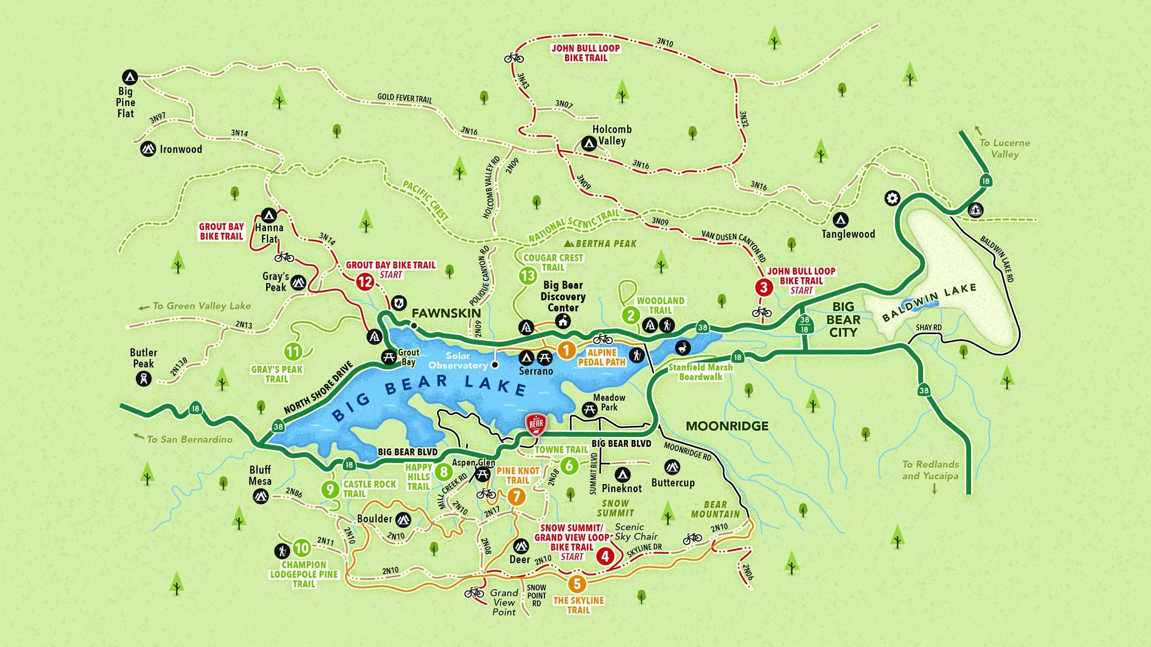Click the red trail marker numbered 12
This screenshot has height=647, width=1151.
[365, 281]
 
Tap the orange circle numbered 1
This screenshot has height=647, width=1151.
[566, 350]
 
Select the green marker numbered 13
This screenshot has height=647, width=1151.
[528, 276]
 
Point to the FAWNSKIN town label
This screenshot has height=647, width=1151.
[446, 313]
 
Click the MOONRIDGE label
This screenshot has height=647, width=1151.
[727, 426]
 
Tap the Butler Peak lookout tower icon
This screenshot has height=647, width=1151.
[143, 379]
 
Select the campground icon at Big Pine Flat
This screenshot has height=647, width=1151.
[130, 77]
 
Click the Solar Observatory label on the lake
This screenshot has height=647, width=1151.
[458, 360]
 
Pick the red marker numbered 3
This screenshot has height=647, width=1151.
[763, 288]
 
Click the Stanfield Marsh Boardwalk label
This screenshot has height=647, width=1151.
[701, 372]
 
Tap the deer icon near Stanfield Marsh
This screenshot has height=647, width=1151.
[683, 347]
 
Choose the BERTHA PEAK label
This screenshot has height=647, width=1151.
[606, 244]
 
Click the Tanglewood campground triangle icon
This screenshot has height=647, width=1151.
[840, 220]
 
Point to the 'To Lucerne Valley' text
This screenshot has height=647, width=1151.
[1004, 149]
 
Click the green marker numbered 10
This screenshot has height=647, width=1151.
[302, 548]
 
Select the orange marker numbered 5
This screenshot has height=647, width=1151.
[577, 584]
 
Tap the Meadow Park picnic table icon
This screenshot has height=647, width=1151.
[589, 409]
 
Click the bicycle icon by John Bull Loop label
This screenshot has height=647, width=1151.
[514, 58]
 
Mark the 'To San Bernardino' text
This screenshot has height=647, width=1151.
[189, 439]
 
